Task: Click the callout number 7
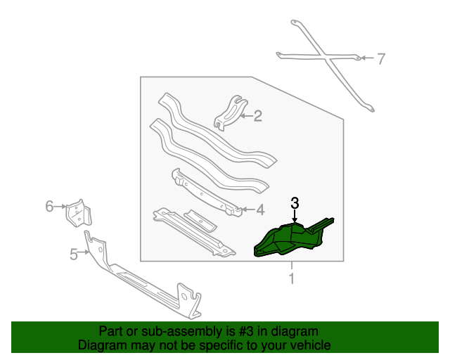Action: pyautogui.click(x=380, y=59)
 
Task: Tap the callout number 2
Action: pyautogui.click(x=257, y=116)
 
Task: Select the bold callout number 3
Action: pyautogui.click(x=295, y=203)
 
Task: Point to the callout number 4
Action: pyautogui.click(x=260, y=210)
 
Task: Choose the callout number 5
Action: pyautogui.click(x=74, y=255)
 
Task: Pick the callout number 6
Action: pyautogui.click(x=50, y=206)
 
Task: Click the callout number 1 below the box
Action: pyautogui.click(x=292, y=278)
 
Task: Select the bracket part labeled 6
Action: pyautogui.click(x=77, y=214)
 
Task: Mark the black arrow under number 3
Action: pyautogui.click(x=295, y=216)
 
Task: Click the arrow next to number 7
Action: pyautogui.click(x=367, y=58)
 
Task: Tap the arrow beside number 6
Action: pyautogui.click(x=60, y=207)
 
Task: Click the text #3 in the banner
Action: pyautogui.click(x=246, y=332)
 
